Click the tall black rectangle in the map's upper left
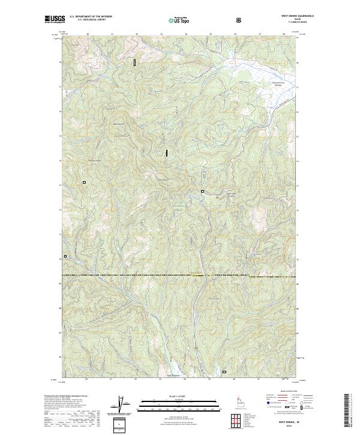point(135,62)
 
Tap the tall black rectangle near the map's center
point(166,153)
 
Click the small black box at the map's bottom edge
point(224,372)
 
